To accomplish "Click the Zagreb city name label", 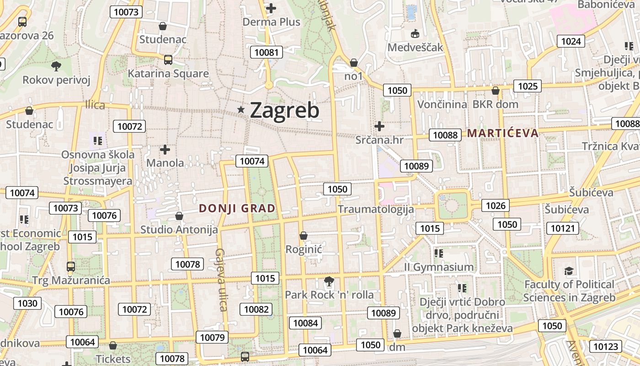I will point(284,110).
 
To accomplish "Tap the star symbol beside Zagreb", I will point(241,109).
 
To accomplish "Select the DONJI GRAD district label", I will point(237,209).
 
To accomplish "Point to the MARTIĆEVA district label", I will point(503,134).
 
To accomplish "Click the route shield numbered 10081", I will point(266,52).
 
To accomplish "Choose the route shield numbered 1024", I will point(571,42).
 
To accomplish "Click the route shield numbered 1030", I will point(28,303).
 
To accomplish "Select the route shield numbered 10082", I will point(256,309).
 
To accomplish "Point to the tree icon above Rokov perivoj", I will point(56,66).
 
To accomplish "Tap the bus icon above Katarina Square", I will point(168,59).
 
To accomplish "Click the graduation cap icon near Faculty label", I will point(569,271).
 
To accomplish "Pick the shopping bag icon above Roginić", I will point(303,236).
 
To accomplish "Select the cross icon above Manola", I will point(165,149).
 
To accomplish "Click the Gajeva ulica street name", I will point(221,280).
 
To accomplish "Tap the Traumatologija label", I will point(376,210).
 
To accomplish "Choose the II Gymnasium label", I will point(439,267).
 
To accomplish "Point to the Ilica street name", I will point(95,105).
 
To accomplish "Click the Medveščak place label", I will point(416,47).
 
